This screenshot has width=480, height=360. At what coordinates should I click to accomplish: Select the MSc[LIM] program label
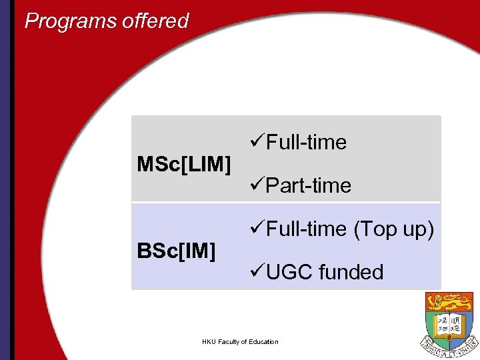pyautogui.click(x=184, y=163)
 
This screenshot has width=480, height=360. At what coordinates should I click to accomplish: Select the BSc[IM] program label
pyautogui.click(x=176, y=251)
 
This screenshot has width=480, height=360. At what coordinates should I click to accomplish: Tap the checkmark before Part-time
pyautogui.click(x=257, y=185)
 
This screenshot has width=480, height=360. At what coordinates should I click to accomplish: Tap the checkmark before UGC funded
pyautogui.click(x=257, y=272)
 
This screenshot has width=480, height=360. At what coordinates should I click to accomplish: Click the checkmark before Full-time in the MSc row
pyautogui.click(x=257, y=142)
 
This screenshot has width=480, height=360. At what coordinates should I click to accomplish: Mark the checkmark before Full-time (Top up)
pyautogui.click(x=257, y=229)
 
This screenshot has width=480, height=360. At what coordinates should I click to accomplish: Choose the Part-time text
pyautogui.click(x=308, y=185)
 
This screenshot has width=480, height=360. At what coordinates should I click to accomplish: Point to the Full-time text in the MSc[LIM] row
pyautogui.click(x=306, y=142)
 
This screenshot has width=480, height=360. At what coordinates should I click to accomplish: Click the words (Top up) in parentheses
pyautogui.click(x=394, y=229)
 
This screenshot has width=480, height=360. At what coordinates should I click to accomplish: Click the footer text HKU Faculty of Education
pyautogui.click(x=240, y=342)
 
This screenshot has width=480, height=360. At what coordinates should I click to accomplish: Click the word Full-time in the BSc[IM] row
pyautogui.click(x=306, y=229)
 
